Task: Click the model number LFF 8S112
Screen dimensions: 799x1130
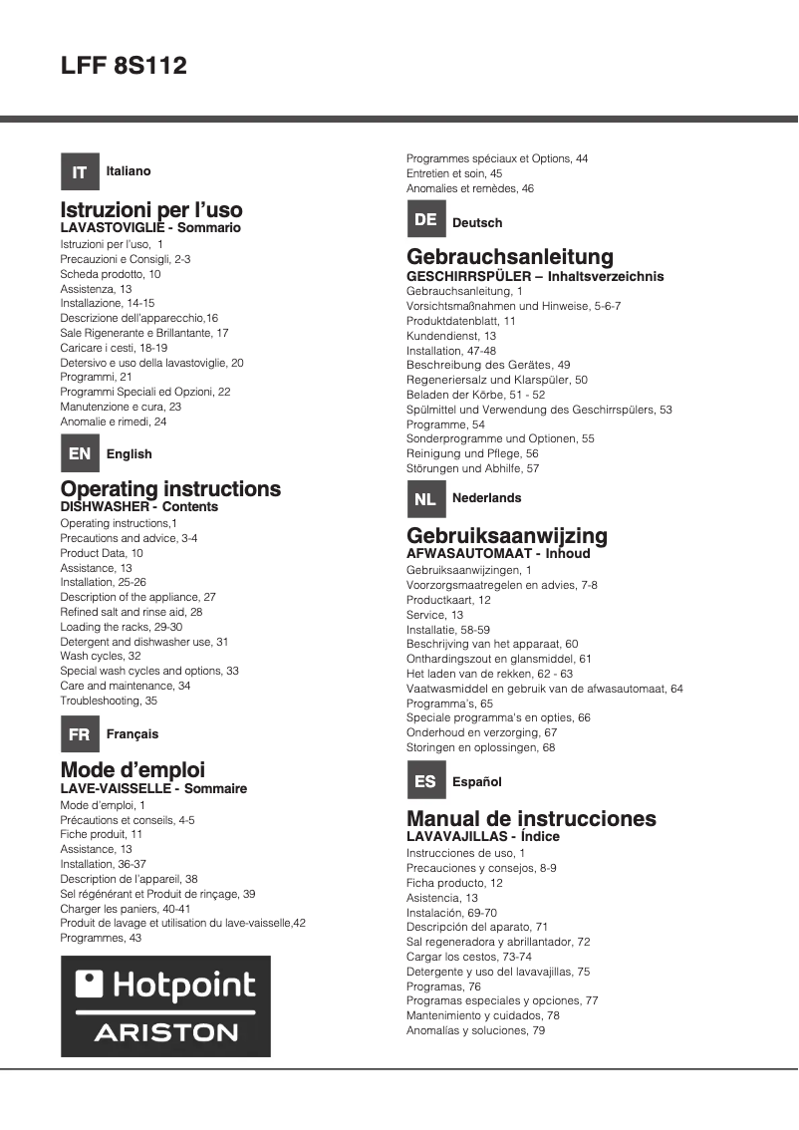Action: (x=124, y=67)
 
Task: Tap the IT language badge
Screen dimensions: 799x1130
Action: (x=80, y=171)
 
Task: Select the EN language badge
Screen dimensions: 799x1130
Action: (x=80, y=453)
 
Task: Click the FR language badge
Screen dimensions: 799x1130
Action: (x=80, y=734)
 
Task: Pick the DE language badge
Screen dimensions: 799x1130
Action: (x=425, y=219)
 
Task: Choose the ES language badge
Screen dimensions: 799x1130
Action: (x=425, y=781)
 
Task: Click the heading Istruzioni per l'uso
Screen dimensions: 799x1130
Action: (x=151, y=210)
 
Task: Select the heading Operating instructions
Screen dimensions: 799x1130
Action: (x=170, y=489)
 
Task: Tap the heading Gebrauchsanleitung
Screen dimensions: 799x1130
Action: (x=510, y=257)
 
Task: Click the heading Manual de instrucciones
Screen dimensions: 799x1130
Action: (x=531, y=819)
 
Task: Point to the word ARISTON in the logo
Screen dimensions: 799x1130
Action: (x=166, y=1032)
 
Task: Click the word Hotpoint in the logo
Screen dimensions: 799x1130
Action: (x=182, y=986)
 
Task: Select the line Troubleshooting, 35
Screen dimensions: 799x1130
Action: (x=109, y=701)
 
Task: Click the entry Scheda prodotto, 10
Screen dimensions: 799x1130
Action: (x=111, y=273)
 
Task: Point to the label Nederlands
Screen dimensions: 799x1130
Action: (x=486, y=497)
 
